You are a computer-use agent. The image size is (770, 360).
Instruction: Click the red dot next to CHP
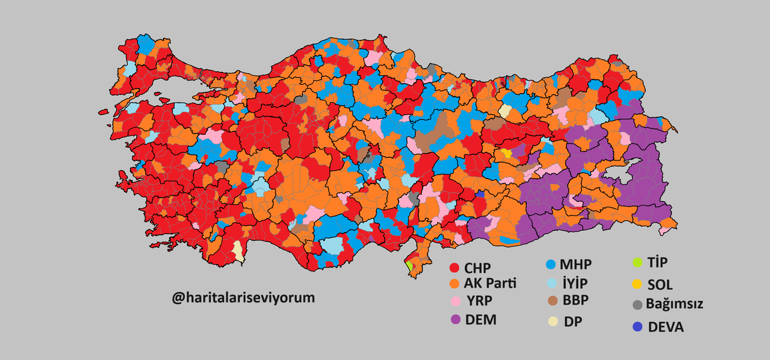[454, 268]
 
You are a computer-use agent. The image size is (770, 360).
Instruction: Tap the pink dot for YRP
[455, 301]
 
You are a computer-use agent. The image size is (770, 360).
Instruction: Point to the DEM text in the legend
[482, 320]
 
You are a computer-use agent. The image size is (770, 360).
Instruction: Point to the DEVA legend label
[665, 327]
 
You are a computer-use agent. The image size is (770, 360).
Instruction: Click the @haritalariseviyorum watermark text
[243, 298]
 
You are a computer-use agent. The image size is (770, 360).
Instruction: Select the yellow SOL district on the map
[507, 153]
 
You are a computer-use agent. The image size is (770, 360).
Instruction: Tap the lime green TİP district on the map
[409, 264]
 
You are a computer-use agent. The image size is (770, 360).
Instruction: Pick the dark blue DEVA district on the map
[480, 193]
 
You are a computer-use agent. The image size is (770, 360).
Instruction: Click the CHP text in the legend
[479, 268]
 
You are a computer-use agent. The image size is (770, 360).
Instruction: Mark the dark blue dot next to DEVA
[637, 327]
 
